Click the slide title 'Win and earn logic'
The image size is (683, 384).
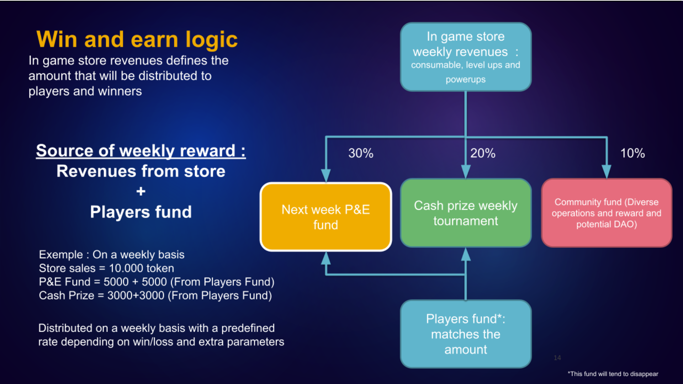(x=137, y=39)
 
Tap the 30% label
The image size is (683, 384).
(x=361, y=153)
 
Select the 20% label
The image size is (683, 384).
(x=483, y=153)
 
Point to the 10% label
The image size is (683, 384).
(x=632, y=153)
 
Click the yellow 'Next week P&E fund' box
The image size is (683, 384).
(x=326, y=217)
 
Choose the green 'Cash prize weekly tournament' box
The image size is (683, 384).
(x=466, y=213)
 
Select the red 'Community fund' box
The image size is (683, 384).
(x=607, y=213)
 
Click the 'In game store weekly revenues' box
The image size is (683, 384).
(x=466, y=57)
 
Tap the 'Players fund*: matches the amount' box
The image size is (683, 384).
(x=466, y=334)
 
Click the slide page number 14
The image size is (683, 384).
(x=557, y=358)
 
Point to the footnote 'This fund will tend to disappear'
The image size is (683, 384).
(x=613, y=374)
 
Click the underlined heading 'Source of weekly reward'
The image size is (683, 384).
(x=141, y=151)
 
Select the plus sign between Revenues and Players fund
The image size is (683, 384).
(x=141, y=191)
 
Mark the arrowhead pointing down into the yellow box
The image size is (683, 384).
(x=326, y=176)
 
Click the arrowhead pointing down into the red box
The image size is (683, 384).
(x=607, y=172)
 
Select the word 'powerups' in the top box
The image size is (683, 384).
(x=466, y=80)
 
